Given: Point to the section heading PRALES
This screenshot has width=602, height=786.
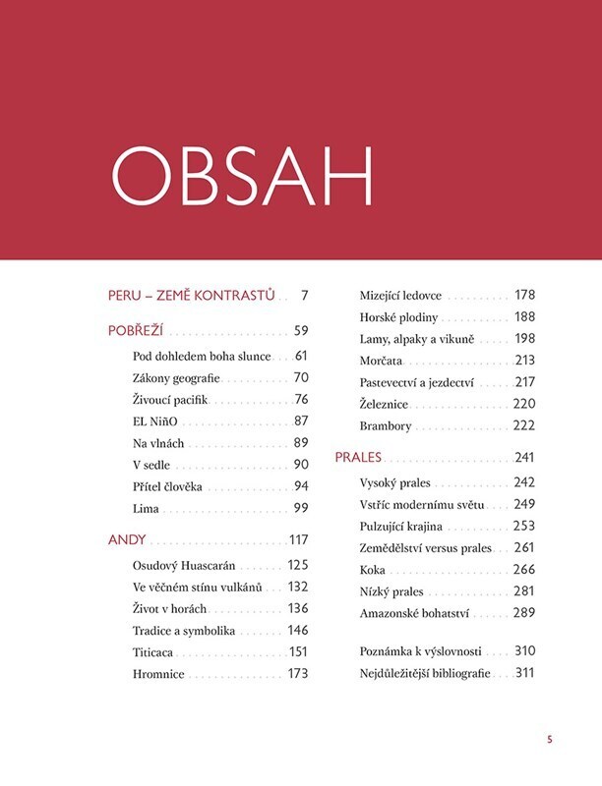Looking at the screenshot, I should pyautogui.click(x=358, y=458).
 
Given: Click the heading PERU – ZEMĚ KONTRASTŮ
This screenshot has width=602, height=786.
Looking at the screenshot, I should pyautogui.click(x=191, y=295).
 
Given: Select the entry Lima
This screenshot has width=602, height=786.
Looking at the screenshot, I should pyautogui.click(x=146, y=508).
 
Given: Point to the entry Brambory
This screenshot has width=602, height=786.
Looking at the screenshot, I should pyautogui.click(x=386, y=426).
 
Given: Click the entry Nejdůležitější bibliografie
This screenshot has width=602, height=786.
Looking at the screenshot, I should pyautogui.click(x=425, y=673).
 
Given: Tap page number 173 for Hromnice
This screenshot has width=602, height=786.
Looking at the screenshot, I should pyautogui.click(x=297, y=674).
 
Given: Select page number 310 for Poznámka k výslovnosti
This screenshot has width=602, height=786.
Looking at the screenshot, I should pyautogui.click(x=524, y=650).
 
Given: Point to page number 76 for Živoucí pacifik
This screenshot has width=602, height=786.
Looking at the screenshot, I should pyautogui.click(x=301, y=399).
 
